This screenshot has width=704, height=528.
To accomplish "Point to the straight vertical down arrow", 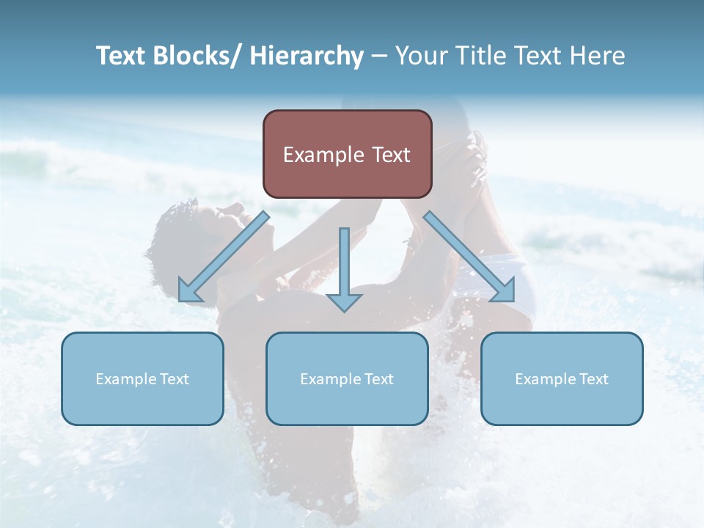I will click(x=344, y=268).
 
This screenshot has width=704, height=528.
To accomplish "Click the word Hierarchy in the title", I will click(x=307, y=56).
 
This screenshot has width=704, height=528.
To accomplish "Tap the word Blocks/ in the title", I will click(x=198, y=56).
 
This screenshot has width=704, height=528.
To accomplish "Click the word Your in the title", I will click(x=422, y=56).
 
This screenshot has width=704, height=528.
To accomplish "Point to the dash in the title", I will click(x=379, y=56).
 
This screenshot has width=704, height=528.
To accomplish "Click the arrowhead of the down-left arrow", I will click(x=188, y=293).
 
